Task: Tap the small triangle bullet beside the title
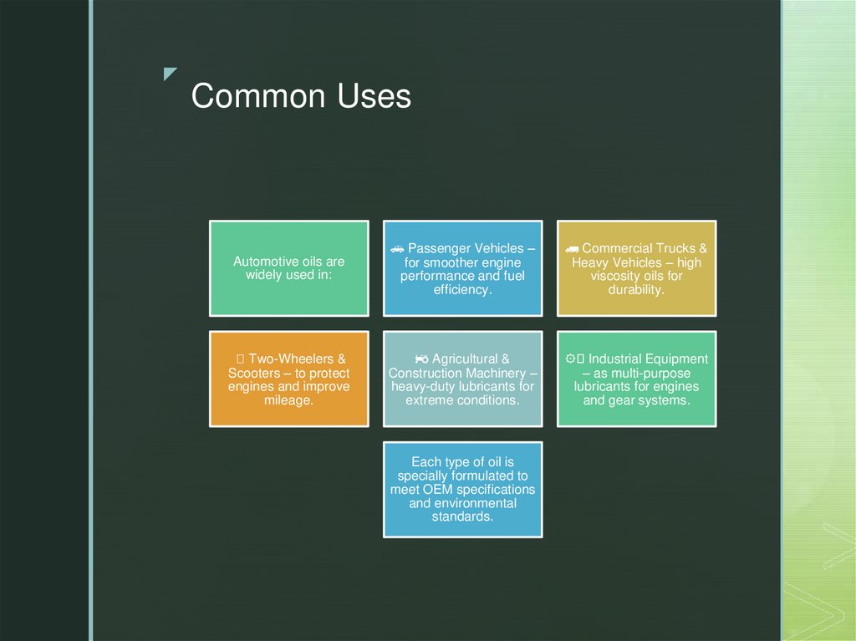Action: [171, 74]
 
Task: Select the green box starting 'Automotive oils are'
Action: [288, 268]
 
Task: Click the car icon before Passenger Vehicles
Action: [397, 249]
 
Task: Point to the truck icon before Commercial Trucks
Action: [572, 249]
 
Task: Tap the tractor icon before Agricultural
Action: [422, 359]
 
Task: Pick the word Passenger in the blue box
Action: [440, 248]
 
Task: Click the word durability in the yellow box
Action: [636, 289]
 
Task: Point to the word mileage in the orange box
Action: [288, 400]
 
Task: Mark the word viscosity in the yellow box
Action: [618, 276]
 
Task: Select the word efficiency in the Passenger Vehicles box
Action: [461, 289]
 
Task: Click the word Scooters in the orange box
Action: [254, 373]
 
